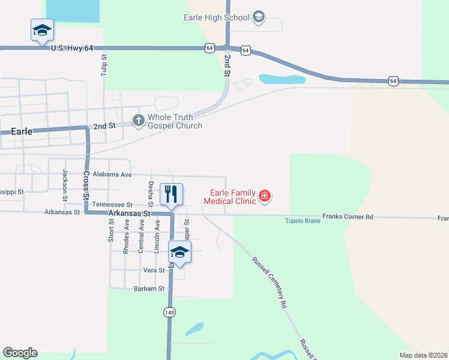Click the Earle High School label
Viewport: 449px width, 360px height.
coord(216,17)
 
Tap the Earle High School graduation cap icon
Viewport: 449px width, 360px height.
coord(259,16)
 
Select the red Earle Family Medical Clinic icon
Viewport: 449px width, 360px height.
coord(264,196)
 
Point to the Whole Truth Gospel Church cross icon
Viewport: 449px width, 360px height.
coord(138,121)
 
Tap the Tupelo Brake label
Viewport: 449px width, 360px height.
coord(302,221)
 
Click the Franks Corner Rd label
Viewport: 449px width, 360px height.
coord(348,216)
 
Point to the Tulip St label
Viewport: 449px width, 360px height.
coord(104,65)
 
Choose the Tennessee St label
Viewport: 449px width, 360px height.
coord(108,205)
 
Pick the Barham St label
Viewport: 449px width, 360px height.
coord(149,289)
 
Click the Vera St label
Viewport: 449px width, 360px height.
coord(154,271)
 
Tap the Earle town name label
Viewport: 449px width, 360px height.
coord(21,131)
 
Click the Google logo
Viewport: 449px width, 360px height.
coord(20,353)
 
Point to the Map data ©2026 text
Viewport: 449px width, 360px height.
coord(423,355)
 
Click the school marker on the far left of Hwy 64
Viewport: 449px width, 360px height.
coord(42,31)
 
